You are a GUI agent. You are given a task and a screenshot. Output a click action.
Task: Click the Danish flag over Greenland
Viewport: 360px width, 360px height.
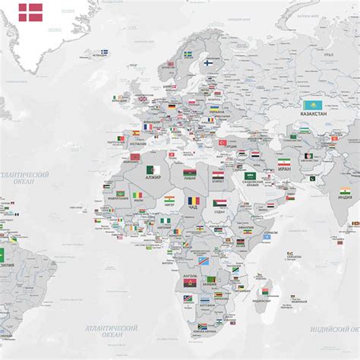click(32, 11)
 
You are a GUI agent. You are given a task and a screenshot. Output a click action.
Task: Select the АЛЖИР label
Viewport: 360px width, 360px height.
click(154, 178)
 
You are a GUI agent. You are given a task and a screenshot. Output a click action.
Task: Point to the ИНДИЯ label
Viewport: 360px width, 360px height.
click(345, 197)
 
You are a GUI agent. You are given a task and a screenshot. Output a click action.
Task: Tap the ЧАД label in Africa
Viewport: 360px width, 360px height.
click(192, 207)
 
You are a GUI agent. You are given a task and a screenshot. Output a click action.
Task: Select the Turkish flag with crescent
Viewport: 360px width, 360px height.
click(223, 142)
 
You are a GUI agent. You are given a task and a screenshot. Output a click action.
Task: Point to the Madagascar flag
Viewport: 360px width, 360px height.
click(264, 292)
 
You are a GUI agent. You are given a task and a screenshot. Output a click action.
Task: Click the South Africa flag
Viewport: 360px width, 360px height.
click(202, 327)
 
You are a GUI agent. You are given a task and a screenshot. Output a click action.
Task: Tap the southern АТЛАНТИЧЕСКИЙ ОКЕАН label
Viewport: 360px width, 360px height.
click(112, 331)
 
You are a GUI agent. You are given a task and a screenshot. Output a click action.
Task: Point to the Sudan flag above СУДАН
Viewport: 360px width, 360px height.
click(219, 203)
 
